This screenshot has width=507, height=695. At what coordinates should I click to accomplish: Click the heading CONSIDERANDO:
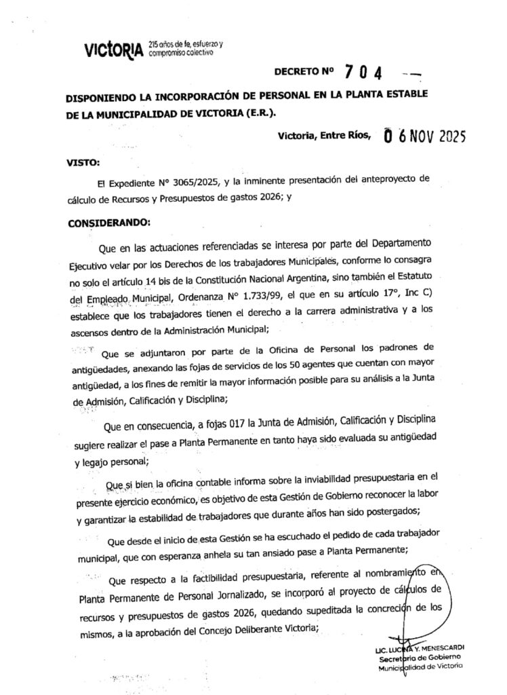point(110,223)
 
